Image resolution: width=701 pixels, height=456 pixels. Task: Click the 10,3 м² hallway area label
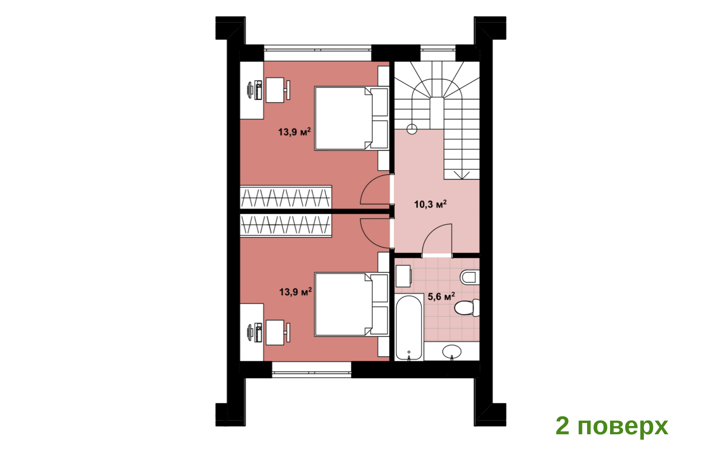point(430,204)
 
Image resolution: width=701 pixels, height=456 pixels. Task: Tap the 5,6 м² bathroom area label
point(441,296)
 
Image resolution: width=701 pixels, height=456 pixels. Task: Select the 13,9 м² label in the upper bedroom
point(295,132)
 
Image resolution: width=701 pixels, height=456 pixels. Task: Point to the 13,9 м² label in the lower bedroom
point(295,291)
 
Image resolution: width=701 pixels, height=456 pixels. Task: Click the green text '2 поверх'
point(612,426)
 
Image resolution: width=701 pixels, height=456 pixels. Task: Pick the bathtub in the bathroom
point(409,327)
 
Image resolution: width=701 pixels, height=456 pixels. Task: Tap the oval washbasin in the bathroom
point(452,352)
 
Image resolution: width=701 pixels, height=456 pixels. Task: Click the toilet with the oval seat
point(467,308)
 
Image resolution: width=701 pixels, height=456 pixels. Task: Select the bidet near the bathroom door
point(470,277)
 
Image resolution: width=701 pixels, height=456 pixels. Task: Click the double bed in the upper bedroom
point(351,119)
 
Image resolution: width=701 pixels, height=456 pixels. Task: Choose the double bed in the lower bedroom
point(351,305)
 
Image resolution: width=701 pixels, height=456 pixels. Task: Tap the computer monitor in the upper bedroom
point(250,90)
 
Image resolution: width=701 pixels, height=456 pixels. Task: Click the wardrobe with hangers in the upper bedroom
point(286,197)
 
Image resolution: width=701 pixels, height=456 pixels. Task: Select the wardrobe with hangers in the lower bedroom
point(286,225)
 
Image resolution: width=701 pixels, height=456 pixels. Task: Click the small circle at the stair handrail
point(412,129)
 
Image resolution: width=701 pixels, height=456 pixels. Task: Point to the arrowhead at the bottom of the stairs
point(462,175)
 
